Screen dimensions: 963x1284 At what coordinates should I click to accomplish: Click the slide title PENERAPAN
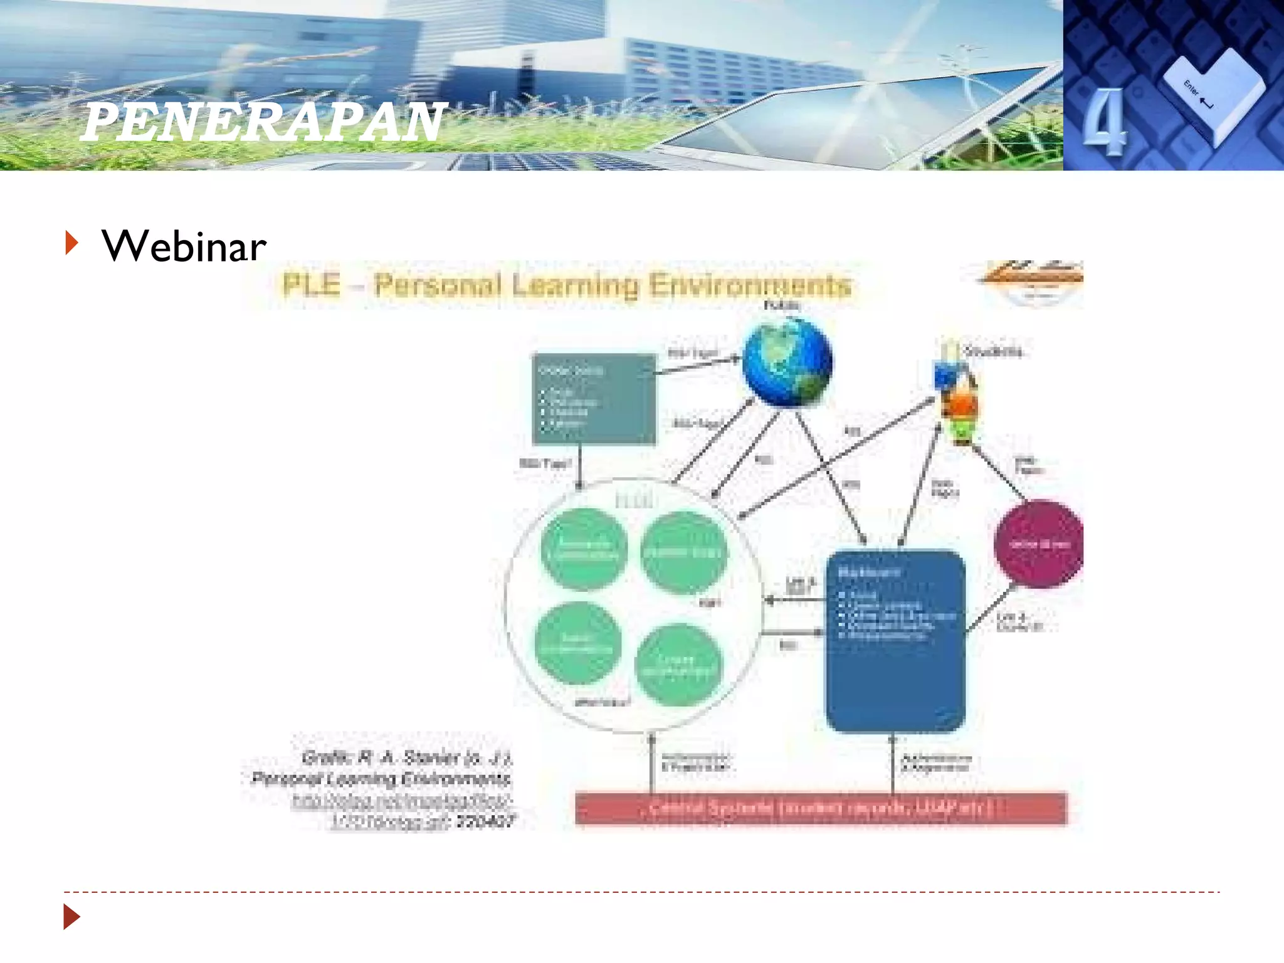263,122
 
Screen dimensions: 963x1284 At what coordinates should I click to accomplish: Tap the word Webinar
184,246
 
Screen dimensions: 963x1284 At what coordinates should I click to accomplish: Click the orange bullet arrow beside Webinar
72,243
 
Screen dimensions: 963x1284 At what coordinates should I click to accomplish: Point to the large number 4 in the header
1104,122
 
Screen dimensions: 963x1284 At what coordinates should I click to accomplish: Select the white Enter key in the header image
1213,94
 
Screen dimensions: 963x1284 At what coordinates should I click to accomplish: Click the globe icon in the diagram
787,362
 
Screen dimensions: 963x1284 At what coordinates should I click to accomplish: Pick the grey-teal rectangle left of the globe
593,399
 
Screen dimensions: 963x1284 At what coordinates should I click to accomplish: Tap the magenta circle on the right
1039,544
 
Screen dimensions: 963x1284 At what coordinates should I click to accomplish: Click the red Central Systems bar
820,808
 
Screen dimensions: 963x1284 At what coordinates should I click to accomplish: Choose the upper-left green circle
584,549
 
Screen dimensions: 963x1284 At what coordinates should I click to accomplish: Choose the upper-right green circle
683,552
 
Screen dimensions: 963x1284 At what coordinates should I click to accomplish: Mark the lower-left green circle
577,643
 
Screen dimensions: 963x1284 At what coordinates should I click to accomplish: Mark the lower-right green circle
677,665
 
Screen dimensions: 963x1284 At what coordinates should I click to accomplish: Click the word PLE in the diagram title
311,285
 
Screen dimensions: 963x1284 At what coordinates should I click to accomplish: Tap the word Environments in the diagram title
750,285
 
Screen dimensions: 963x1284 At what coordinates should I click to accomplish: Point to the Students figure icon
954,395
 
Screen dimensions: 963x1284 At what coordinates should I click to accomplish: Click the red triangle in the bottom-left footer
71,917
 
